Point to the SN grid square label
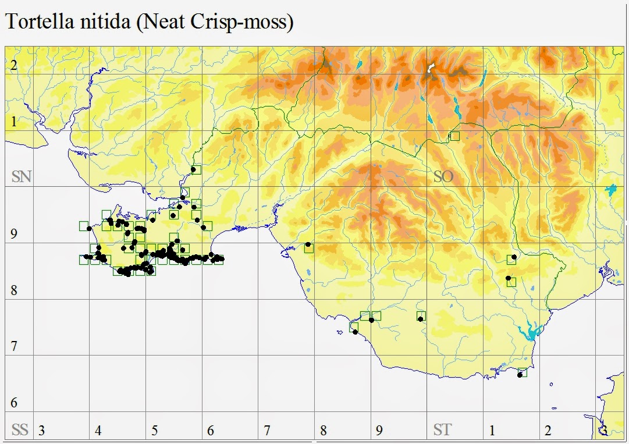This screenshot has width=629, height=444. [21, 177]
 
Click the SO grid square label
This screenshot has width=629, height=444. [443, 177]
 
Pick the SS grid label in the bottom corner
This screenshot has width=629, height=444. [20, 431]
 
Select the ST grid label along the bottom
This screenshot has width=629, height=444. [442, 431]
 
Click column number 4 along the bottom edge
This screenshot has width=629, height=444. [98, 431]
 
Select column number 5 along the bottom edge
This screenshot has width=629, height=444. [154, 431]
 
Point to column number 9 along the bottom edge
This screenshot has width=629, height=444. [379, 431]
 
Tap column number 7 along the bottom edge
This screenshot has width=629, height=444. [266, 431]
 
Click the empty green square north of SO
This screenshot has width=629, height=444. [454, 136]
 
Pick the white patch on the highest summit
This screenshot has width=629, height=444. [431, 69]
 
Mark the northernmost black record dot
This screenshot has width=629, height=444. [193, 169]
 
